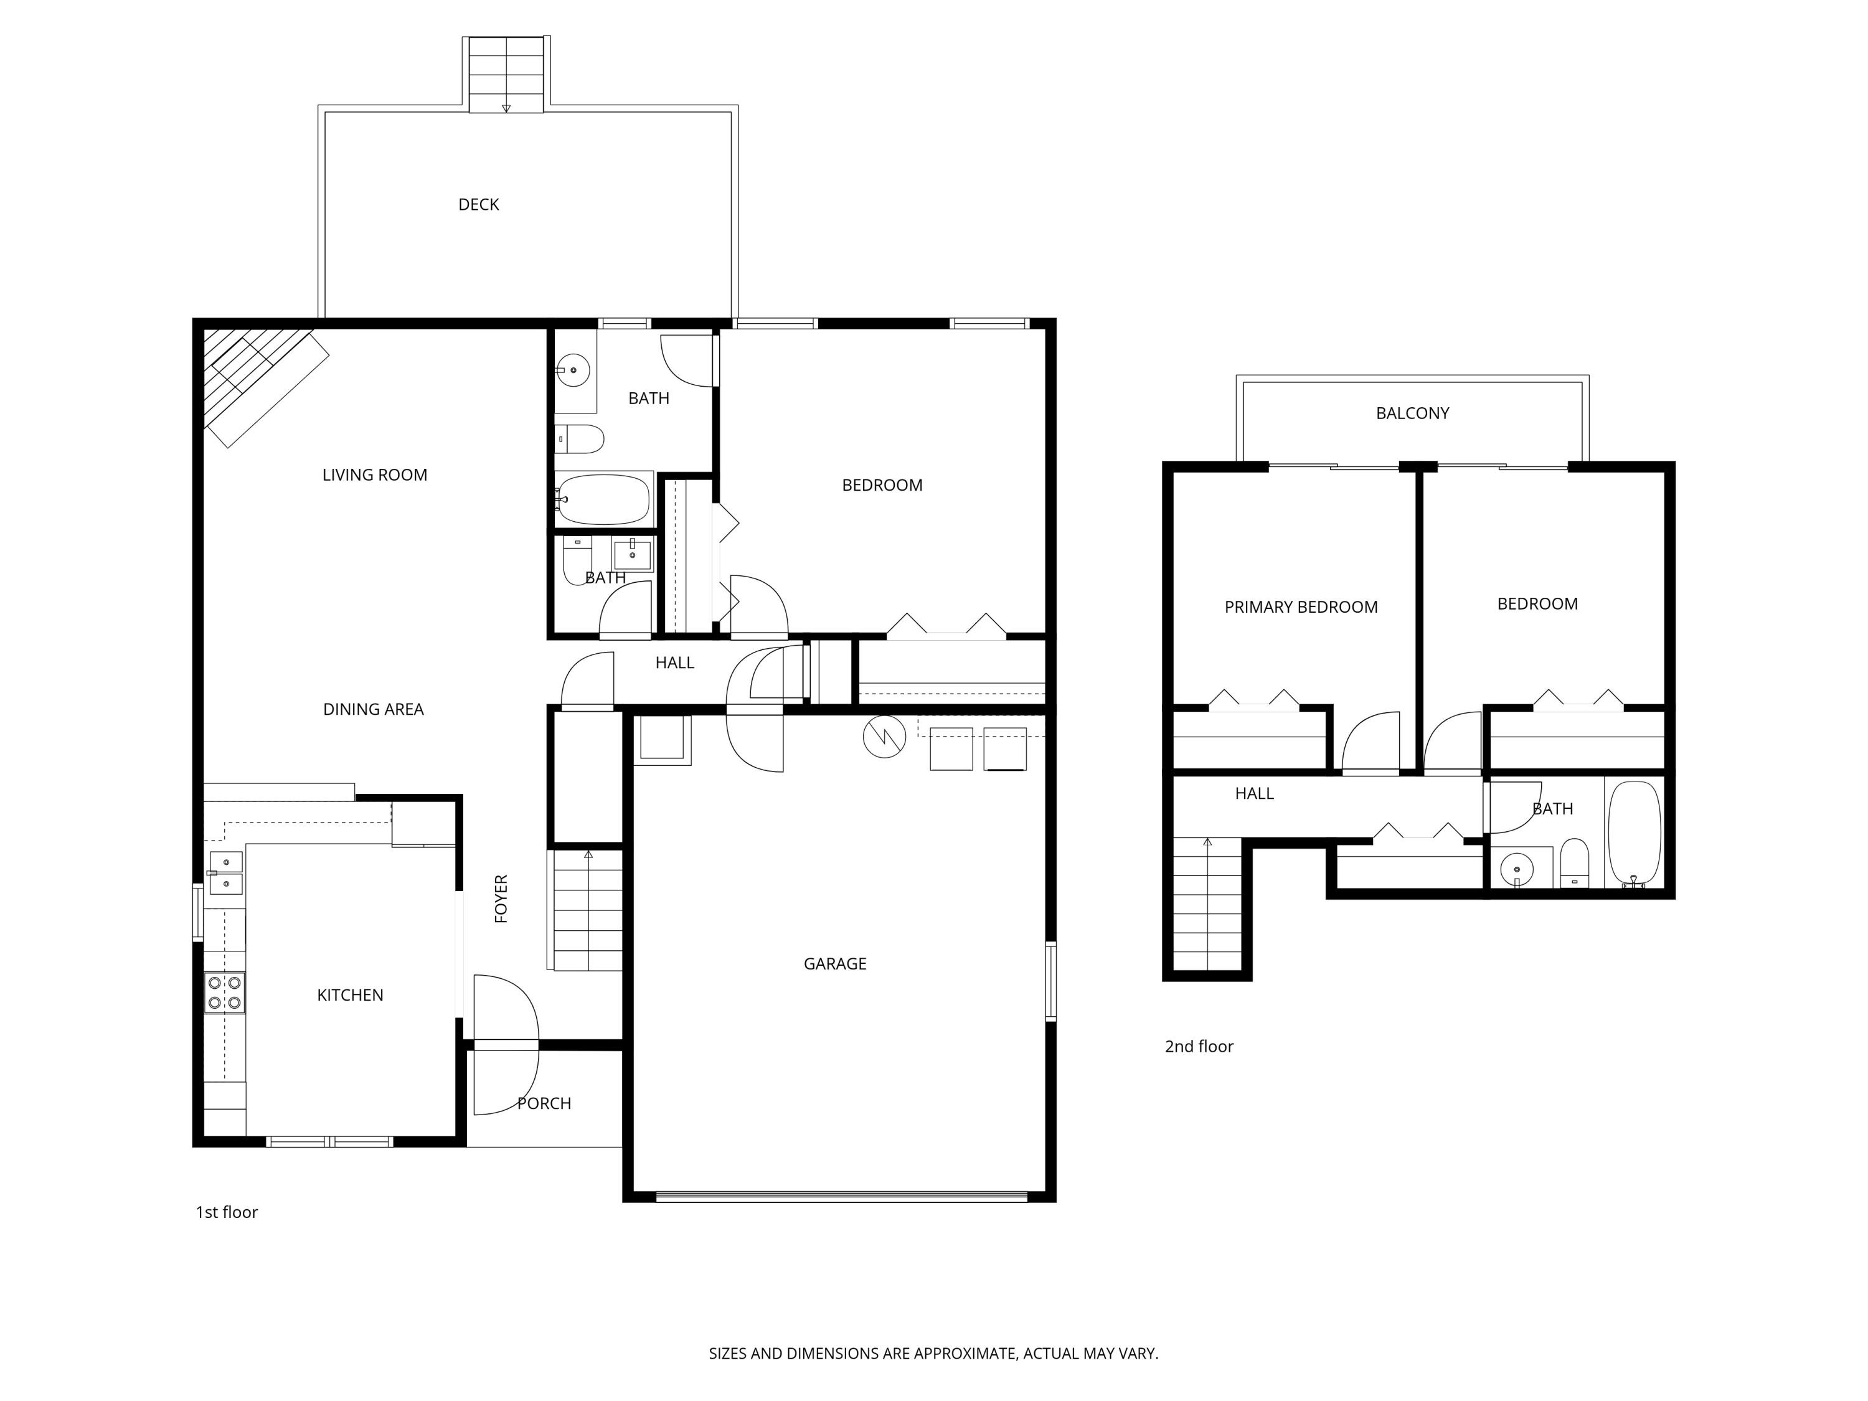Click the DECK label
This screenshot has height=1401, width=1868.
(x=478, y=204)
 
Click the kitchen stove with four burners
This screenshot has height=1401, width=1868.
(x=225, y=993)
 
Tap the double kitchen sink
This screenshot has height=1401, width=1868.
(x=225, y=873)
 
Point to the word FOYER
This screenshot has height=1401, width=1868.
(x=501, y=899)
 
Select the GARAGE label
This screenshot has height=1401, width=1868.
(x=834, y=963)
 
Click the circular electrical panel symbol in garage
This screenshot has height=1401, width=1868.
(x=884, y=737)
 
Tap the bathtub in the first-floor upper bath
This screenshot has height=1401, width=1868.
(x=604, y=499)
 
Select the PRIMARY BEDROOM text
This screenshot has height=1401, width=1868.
(x=1301, y=607)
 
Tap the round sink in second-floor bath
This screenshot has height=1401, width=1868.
(x=1517, y=868)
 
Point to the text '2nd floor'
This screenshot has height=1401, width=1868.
(x=1199, y=1046)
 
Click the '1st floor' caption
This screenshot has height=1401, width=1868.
(x=226, y=1212)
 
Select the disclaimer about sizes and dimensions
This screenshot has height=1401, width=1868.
(x=933, y=1354)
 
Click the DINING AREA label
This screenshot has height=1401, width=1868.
(x=373, y=709)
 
